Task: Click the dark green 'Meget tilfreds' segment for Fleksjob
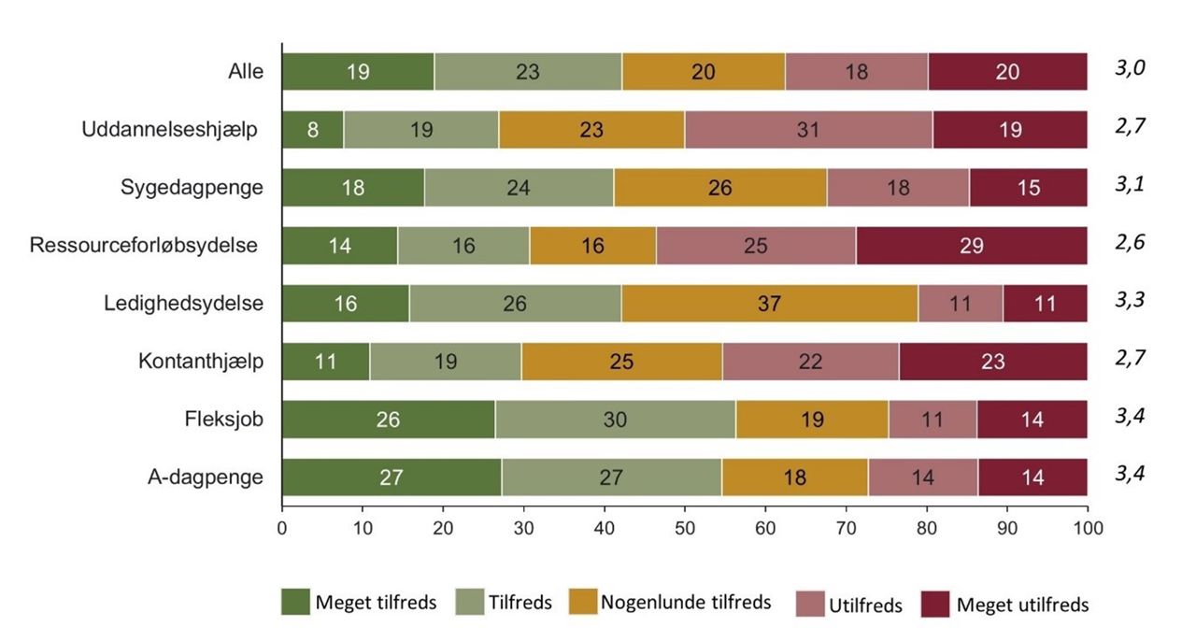(x=389, y=420)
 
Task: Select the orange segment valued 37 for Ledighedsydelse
(x=770, y=304)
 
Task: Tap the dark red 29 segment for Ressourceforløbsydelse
(x=972, y=246)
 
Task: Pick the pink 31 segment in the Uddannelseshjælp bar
(x=808, y=130)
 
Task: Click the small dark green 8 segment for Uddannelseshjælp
(x=313, y=130)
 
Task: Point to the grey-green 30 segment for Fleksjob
(x=615, y=420)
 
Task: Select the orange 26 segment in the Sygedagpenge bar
(x=720, y=188)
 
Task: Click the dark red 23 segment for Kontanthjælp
(x=993, y=362)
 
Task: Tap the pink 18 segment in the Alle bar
(x=857, y=72)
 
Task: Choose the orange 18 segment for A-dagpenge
(x=795, y=477)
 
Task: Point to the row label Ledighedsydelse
(x=184, y=304)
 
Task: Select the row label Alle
(x=246, y=72)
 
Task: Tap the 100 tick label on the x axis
(x=1088, y=528)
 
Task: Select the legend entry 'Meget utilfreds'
(x=1022, y=605)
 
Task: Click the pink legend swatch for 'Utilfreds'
(x=808, y=605)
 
